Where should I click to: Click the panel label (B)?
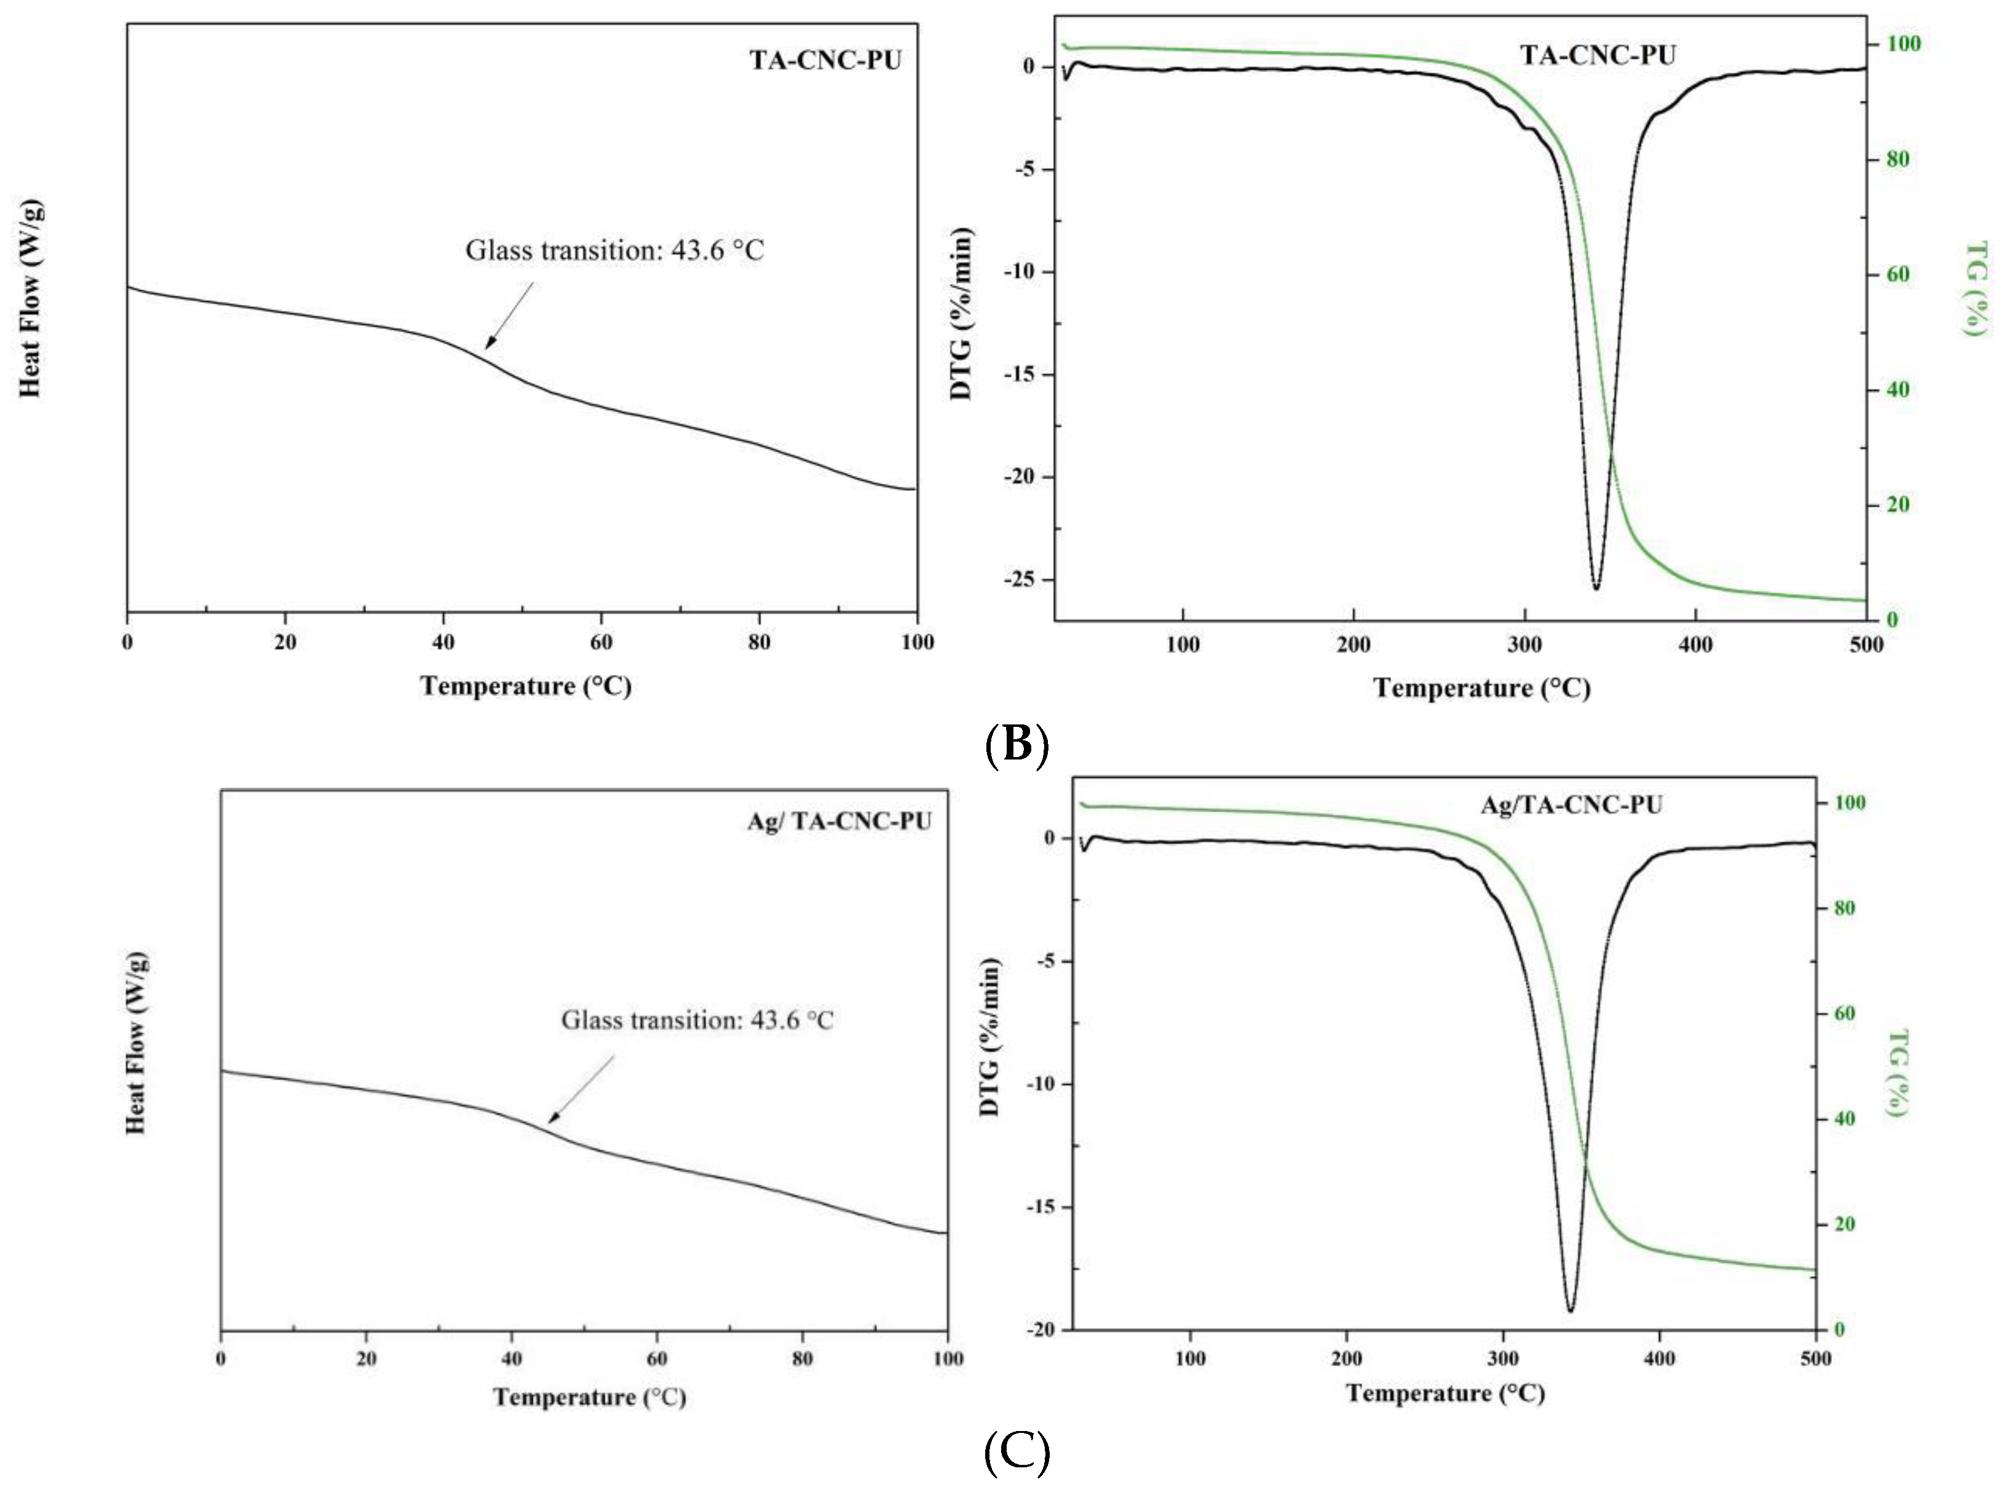point(1016,744)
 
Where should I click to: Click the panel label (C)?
point(1016,1453)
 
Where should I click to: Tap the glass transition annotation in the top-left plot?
point(614,250)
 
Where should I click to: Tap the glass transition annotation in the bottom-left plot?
point(697,1020)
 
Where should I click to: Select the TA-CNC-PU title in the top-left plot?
point(825,60)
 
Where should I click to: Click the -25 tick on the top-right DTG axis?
point(1023,580)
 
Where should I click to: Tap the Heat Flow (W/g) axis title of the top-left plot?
point(30,299)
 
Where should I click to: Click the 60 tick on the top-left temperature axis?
point(601,641)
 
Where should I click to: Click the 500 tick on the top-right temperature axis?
point(1866,644)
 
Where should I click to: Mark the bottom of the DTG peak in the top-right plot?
point(1596,589)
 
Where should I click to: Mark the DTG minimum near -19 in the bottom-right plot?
point(1571,1309)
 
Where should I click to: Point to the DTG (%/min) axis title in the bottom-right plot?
point(990,1036)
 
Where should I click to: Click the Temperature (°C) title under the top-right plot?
point(1482,688)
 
